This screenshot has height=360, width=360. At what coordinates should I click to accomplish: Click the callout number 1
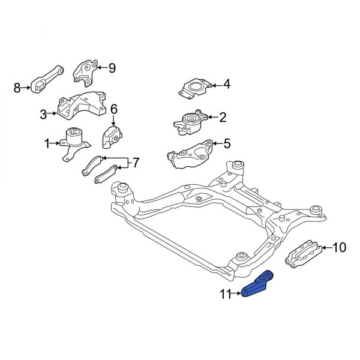(47, 143)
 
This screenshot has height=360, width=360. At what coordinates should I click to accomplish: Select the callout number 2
(223, 117)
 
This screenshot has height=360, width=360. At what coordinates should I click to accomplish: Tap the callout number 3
(43, 113)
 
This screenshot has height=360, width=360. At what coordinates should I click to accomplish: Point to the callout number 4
(226, 85)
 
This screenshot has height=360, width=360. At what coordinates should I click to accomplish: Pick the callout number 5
(226, 143)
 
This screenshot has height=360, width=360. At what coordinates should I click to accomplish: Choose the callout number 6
(113, 109)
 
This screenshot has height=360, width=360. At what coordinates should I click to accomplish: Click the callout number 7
(135, 162)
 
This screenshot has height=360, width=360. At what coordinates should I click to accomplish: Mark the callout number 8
(17, 89)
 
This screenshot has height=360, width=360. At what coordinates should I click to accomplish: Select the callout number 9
(112, 68)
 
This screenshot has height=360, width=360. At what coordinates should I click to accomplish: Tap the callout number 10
(339, 247)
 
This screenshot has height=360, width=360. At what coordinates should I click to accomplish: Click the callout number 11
(225, 294)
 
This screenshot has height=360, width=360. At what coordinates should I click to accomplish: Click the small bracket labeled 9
(84, 71)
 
